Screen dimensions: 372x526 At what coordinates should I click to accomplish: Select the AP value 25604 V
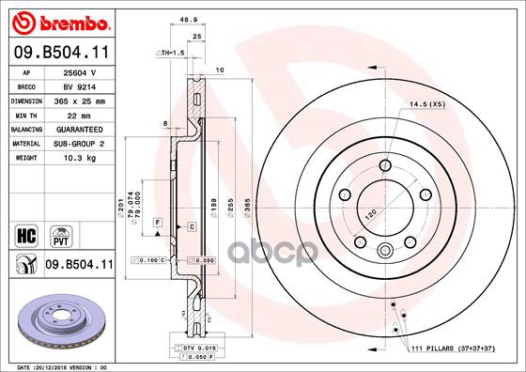[80, 72]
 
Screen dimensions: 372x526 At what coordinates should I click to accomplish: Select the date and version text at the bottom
[64, 366]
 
